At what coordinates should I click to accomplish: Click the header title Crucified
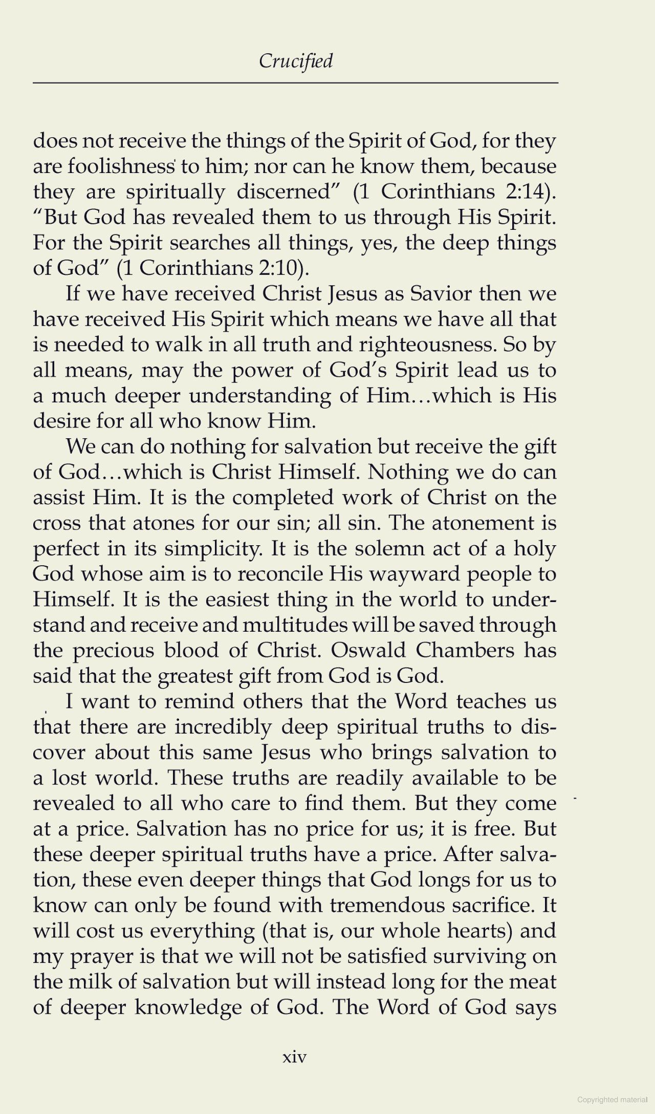295,61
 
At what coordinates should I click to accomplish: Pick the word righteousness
427,345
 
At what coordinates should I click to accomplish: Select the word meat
534,981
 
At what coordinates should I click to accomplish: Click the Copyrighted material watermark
612,1099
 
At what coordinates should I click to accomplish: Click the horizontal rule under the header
295,83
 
